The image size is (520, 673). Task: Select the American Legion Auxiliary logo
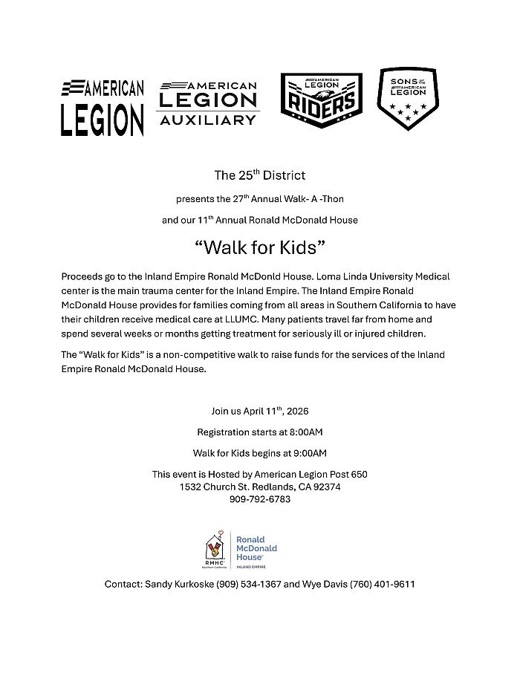click(x=208, y=103)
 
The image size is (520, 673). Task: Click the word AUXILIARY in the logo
click(x=208, y=120)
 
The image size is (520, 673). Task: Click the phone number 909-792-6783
click(x=260, y=499)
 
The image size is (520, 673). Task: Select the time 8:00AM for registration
click(x=304, y=432)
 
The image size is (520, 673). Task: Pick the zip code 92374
click(x=323, y=487)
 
